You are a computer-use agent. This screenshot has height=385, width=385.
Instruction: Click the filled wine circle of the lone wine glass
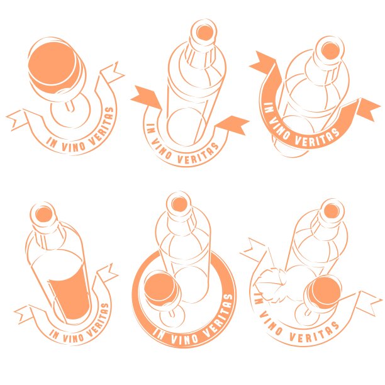pyautogui.click(x=52, y=64)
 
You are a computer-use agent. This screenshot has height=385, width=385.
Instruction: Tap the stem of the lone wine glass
pyautogui.click(x=69, y=106)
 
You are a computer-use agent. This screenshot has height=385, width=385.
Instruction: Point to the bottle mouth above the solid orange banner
pyautogui.click(x=330, y=51)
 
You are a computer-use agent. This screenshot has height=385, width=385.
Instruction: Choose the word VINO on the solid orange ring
pyautogui.click(x=185, y=338)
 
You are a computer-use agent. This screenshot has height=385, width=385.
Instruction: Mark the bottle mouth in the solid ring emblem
pyautogui.click(x=179, y=204)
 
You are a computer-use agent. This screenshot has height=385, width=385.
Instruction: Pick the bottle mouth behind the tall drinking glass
pyautogui.click(x=44, y=215)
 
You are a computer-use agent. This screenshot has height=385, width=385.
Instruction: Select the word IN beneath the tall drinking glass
pyautogui.click(x=54, y=334)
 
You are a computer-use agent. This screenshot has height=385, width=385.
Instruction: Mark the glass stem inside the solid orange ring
pyautogui.click(x=172, y=313)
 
